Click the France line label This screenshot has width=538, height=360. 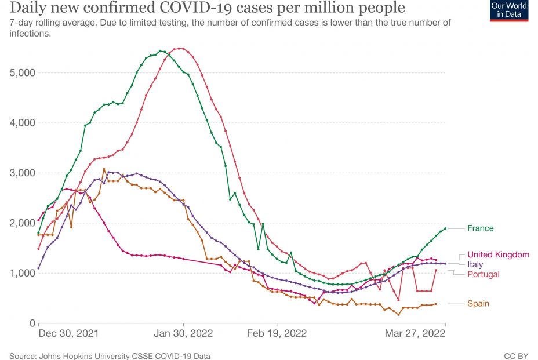pyautogui.click(x=481, y=228)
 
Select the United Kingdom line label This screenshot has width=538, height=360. pyautogui.click(x=498, y=254)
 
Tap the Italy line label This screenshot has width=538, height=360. pyautogui.click(x=475, y=264)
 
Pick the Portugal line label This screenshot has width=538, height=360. pyautogui.click(x=483, y=274)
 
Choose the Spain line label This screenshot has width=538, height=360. pyautogui.click(x=478, y=304)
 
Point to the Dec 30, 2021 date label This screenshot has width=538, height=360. pyautogui.click(x=68, y=334)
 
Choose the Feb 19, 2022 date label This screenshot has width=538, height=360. pyautogui.click(x=277, y=334)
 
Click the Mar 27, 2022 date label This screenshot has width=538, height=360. pyautogui.click(x=416, y=334)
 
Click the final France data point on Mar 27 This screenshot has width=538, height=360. pyautogui.click(x=445, y=228)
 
